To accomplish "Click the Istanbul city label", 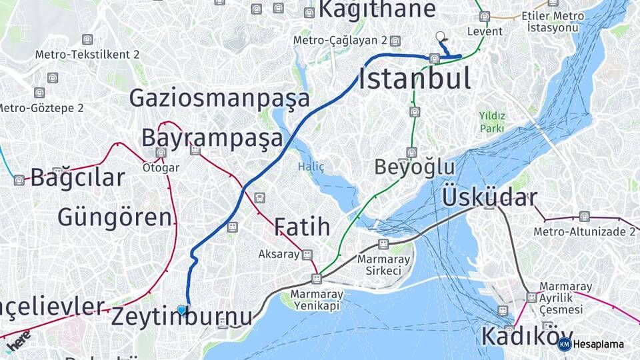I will pos(415,78).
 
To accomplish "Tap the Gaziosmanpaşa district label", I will pos(219,98).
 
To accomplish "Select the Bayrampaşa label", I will pos(212,138).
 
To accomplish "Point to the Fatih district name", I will pos(302,227).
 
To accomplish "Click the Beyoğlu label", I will pos(414,167).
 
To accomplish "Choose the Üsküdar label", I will pos(489,197).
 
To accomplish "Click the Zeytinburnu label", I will pos(181,317).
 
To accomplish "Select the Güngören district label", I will pos(115,217).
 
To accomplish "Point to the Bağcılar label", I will pos(77,178).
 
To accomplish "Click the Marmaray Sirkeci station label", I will pos(379,265).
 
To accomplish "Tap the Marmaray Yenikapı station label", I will pos(317,299).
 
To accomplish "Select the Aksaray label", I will pos(279,255).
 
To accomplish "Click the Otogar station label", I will pos(161,168).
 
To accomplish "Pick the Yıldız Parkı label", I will pos(492,121).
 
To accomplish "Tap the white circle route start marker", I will pos(439,36).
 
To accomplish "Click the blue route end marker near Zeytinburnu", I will pos(181,309).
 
